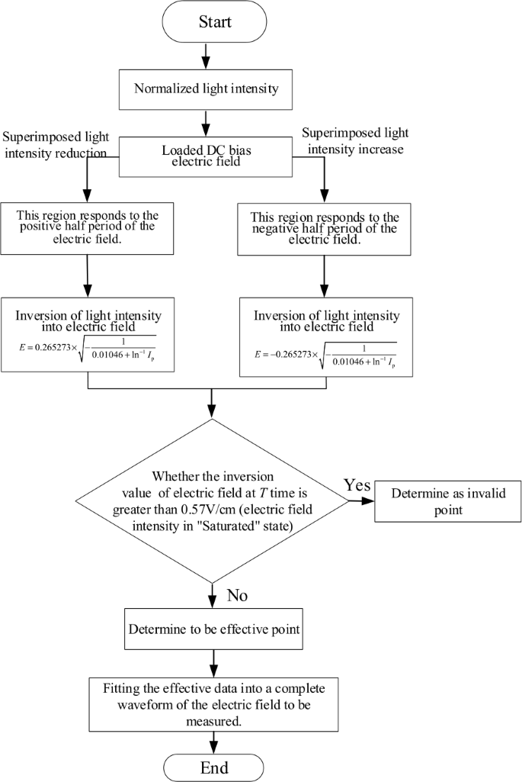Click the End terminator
point(214,766)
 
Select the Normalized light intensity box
point(206,88)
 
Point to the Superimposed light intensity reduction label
point(57,144)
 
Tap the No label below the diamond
point(235,595)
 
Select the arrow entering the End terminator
point(214,742)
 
